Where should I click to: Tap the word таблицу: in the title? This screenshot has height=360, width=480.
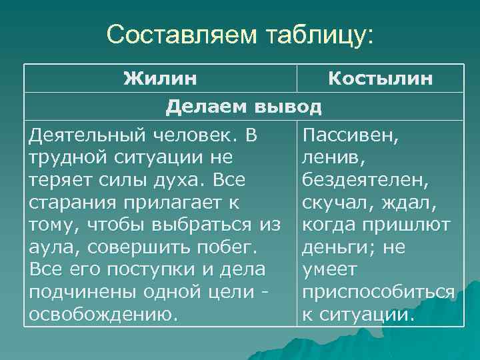313,34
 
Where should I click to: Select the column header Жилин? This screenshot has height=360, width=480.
160,79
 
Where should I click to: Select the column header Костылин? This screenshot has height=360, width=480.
380,79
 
